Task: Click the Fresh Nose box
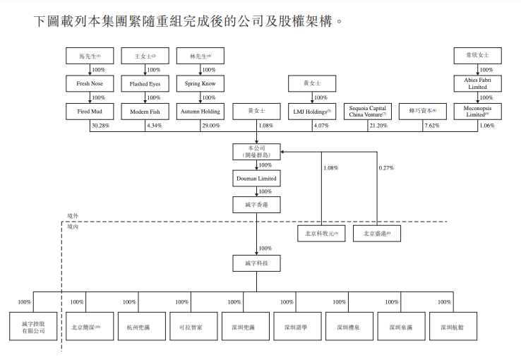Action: tap(90, 84)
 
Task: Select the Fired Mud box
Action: tap(90, 111)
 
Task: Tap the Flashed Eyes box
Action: tap(145, 84)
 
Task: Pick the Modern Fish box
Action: tap(145, 111)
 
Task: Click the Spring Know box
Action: tap(200, 84)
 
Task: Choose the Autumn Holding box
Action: tap(200, 111)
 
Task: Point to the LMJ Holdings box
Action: tap(311, 111)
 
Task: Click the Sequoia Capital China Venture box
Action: tap(367, 111)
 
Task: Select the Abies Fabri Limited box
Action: tap(477, 84)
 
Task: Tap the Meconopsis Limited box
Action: tap(477, 111)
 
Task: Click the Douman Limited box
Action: tap(256, 178)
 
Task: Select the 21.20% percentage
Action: tap(378, 126)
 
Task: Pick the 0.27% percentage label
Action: tap(386, 168)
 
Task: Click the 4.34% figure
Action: tap(154, 126)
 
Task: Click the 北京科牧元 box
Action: tap(321, 233)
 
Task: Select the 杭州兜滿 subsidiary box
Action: tap(138, 327)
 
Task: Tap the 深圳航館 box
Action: tap(451, 327)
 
